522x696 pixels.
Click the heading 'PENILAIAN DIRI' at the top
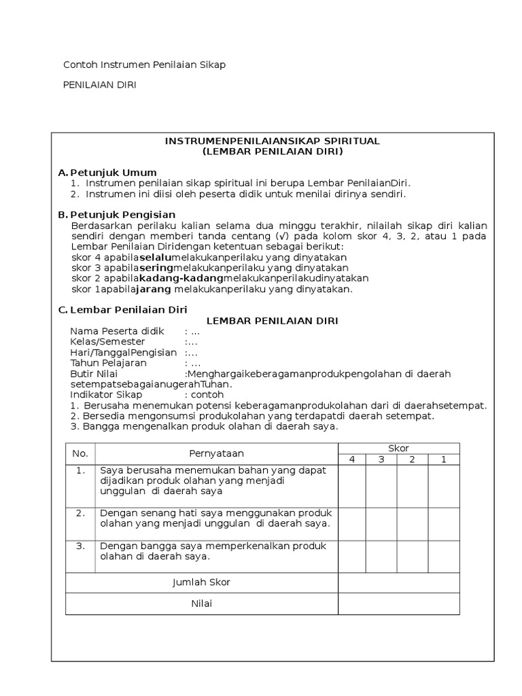tap(100, 86)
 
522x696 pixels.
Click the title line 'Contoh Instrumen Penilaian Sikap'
tap(144, 65)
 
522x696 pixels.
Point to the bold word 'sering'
tap(156, 268)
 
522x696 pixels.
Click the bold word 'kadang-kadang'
tap(181, 278)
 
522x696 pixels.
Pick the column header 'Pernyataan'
tap(216, 453)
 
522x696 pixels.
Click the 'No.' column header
tap(80, 453)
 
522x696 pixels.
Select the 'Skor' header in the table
tap(398, 448)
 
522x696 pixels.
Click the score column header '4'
tap(352, 459)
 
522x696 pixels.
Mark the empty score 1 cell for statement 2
tap(444, 523)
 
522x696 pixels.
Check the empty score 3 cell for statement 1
tap(381, 485)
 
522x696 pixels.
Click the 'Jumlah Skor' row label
tap(201, 582)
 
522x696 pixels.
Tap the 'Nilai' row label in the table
tap(201, 604)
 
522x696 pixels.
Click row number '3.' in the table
tap(80, 546)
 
